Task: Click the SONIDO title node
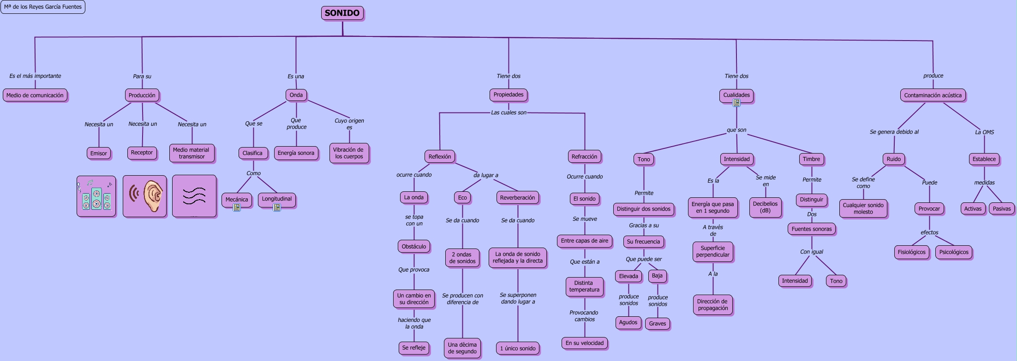(342, 13)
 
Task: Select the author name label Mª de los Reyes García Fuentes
(43, 7)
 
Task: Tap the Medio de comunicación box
(35, 95)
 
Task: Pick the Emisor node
(99, 153)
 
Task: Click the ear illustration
(144, 196)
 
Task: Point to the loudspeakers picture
(96, 196)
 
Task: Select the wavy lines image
(194, 196)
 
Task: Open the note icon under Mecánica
(237, 207)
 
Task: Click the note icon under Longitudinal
(277, 207)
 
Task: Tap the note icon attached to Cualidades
(736, 103)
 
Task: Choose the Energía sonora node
(296, 153)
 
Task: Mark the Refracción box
(584, 157)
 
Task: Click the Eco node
(462, 198)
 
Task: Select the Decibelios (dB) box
(765, 207)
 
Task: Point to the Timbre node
(811, 159)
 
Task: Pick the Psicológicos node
(954, 252)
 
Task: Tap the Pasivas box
(1002, 208)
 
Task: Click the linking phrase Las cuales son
(508, 112)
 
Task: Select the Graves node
(658, 324)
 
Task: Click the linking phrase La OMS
(984, 132)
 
